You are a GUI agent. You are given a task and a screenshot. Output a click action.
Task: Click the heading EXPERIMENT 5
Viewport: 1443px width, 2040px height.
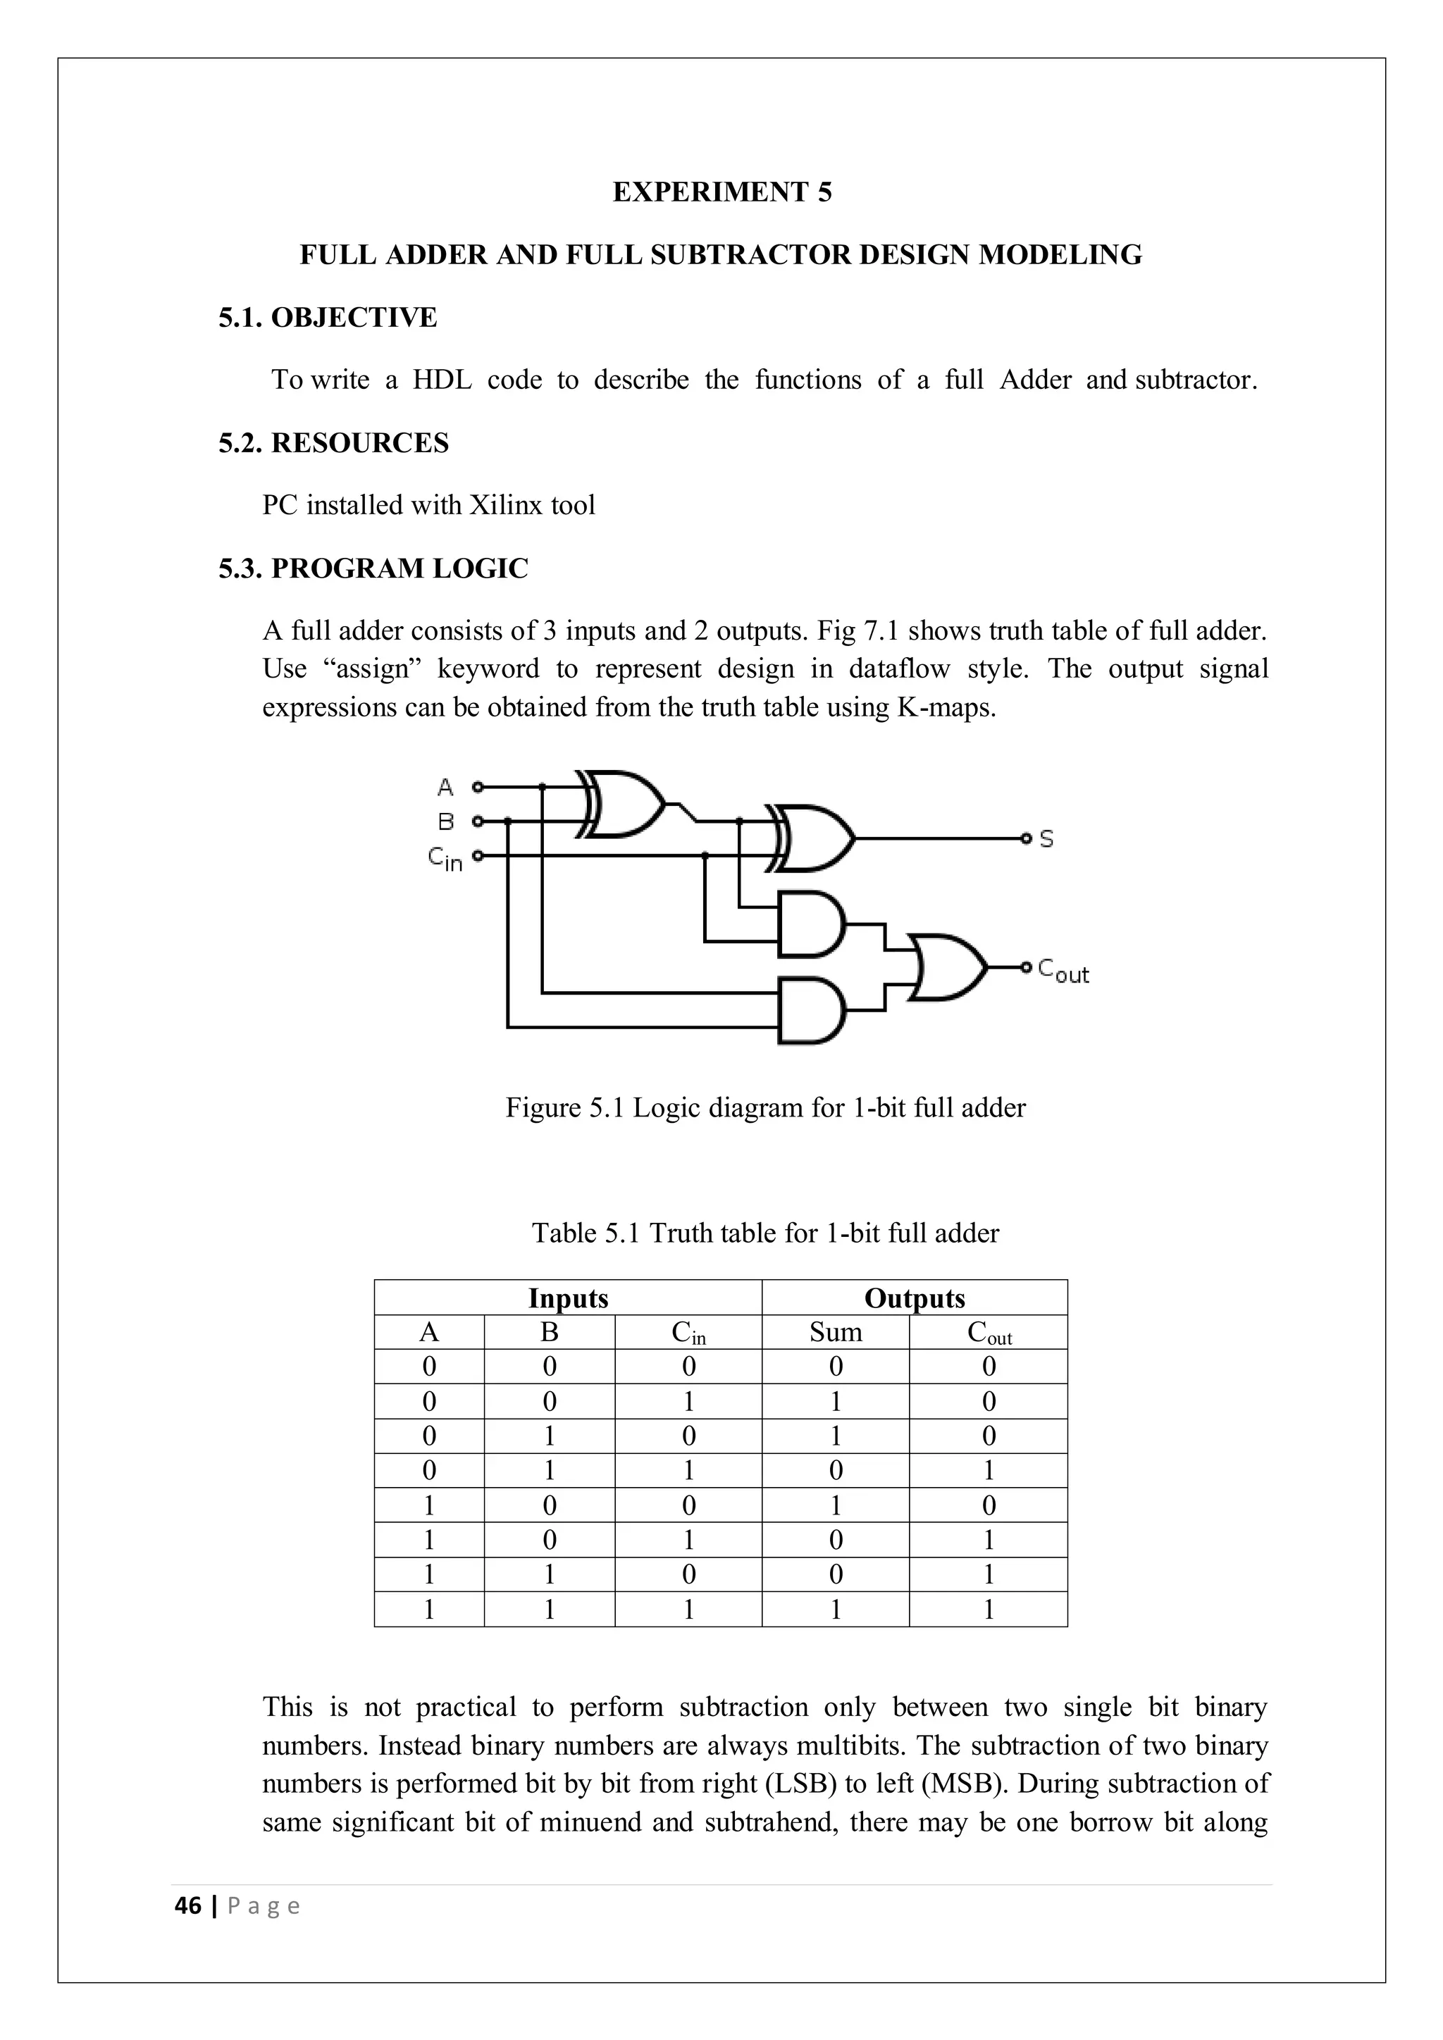coord(721,192)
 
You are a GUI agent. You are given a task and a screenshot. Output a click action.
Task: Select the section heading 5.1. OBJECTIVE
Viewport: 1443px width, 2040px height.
coord(328,317)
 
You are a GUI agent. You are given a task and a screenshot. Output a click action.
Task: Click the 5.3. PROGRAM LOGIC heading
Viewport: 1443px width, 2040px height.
coord(373,568)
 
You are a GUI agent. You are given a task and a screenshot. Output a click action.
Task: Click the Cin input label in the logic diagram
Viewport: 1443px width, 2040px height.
coord(445,858)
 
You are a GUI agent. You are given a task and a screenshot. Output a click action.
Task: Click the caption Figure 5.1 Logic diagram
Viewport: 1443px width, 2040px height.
coord(765,1108)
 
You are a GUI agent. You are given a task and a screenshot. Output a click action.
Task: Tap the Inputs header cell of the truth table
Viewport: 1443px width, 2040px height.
coord(568,1298)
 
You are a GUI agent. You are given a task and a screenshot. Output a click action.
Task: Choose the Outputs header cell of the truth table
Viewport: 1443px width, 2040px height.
coord(915,1298)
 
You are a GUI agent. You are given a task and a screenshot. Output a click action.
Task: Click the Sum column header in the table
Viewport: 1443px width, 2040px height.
coord(835,1332)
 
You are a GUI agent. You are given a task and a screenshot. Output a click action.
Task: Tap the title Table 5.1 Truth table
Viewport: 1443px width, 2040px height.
coord(765,1233)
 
